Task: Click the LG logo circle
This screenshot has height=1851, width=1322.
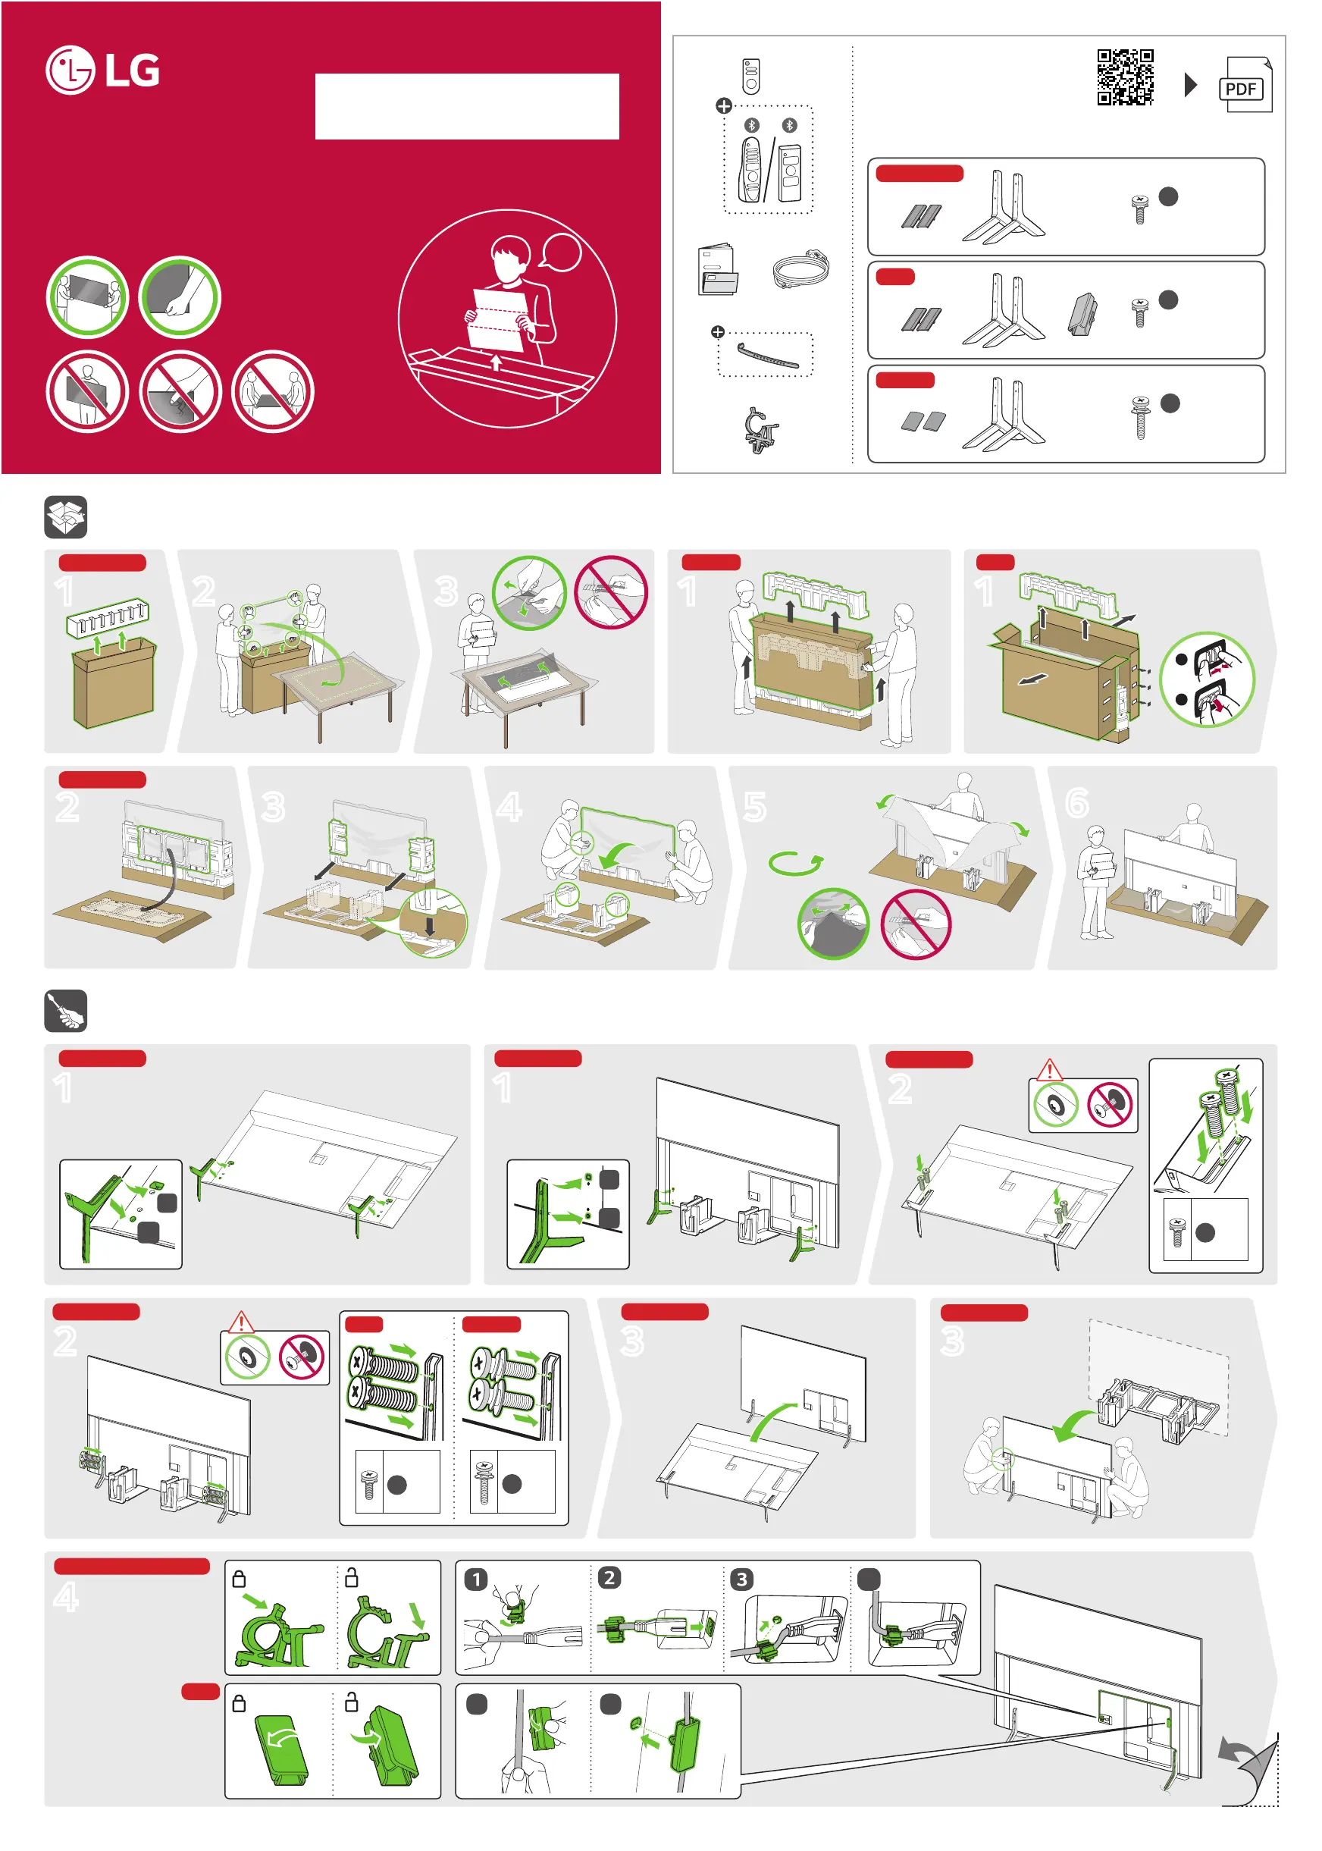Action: coord(70,70)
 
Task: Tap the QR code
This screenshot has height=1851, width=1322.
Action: coord(1125,77)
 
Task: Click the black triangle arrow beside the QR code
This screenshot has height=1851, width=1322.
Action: coord(1190,84)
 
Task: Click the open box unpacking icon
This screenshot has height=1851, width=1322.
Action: coord(66,517)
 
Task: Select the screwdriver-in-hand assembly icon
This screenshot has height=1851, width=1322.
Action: coord(66,1011)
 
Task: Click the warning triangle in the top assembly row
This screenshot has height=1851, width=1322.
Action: coord(1050,1068)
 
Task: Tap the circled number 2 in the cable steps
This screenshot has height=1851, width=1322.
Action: coord(609,1578)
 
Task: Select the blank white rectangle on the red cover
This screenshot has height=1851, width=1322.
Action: coord(467,107)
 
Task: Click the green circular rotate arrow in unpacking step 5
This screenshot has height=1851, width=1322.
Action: coord(795,862)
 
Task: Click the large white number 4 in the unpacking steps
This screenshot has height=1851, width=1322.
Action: coord(509,807)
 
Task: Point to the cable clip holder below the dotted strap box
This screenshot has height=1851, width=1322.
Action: coord(760,429)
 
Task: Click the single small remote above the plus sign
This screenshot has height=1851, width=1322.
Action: coord(751,76)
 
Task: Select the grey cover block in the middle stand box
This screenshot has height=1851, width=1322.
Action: coord(1082,315)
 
